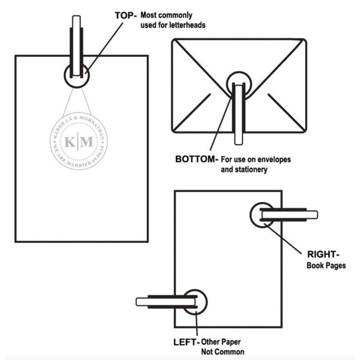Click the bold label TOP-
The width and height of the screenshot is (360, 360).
[x=126, y=15]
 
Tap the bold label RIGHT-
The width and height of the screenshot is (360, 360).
[x=323, y=255]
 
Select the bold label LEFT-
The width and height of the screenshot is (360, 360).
[x=186, y=342]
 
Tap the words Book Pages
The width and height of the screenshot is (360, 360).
[x=326, y=266]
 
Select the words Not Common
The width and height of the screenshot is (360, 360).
[x=223, y=352]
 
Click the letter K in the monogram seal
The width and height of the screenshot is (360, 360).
[x=70, y=142]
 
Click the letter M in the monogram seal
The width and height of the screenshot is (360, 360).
[x=86, y=142]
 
